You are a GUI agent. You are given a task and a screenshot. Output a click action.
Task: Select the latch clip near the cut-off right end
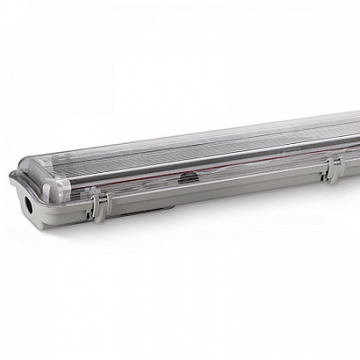click(x=332, y=170)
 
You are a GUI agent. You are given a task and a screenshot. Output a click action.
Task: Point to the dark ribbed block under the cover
click(x=187, y=178)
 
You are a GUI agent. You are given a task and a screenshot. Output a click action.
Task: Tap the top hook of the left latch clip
click(x=95, y=194)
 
